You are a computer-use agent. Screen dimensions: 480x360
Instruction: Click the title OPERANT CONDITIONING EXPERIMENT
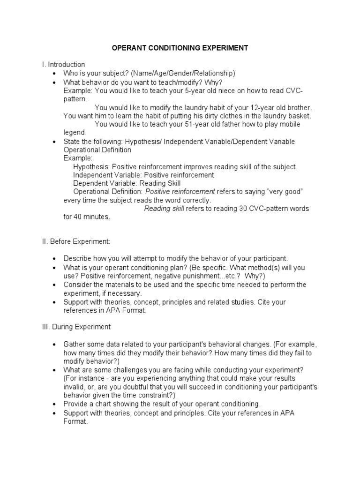pyautogui.click(x=180, y=48)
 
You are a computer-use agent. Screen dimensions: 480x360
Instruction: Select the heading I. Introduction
pyautogui.click(x=63, y=64)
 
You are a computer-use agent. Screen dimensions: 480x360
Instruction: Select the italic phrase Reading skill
pyautogui.click(x=164, y=209)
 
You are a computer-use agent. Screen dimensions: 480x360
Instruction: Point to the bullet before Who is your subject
pyautogui.click(x=54, y=74)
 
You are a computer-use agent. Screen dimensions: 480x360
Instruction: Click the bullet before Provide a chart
pyautogui.click(x=54, y=404)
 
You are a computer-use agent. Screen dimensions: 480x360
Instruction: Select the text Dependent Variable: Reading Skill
pyautogui.click(x=127, y=183)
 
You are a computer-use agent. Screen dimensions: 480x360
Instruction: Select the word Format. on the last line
pyautogui.click(x=75, y=421)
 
